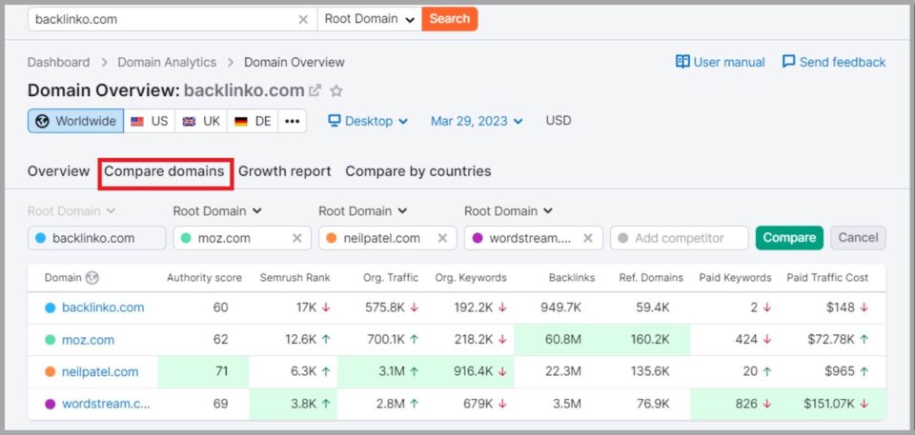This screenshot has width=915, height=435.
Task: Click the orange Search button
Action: [449, 18]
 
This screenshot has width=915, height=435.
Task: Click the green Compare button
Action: [789, 238]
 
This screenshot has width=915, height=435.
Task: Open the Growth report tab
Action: [284, 171]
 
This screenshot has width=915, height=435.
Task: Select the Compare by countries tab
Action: [417, 171]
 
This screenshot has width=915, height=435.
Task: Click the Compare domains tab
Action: [164, 171]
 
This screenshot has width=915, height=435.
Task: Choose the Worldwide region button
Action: [75, 121]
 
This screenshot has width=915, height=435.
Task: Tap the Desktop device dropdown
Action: [368, 121]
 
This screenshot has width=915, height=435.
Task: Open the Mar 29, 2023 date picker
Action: [477, 121]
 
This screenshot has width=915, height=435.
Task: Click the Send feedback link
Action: [834, 62]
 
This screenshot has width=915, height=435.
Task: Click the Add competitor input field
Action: [679, 238]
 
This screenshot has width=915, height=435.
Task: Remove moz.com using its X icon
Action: [296, 238]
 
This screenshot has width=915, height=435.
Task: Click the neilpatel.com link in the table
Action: [100, 372]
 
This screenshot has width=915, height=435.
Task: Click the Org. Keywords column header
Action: [471, 278]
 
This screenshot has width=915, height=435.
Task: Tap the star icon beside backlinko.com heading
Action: [336, 91]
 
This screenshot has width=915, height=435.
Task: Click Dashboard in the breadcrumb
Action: [58, 62]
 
